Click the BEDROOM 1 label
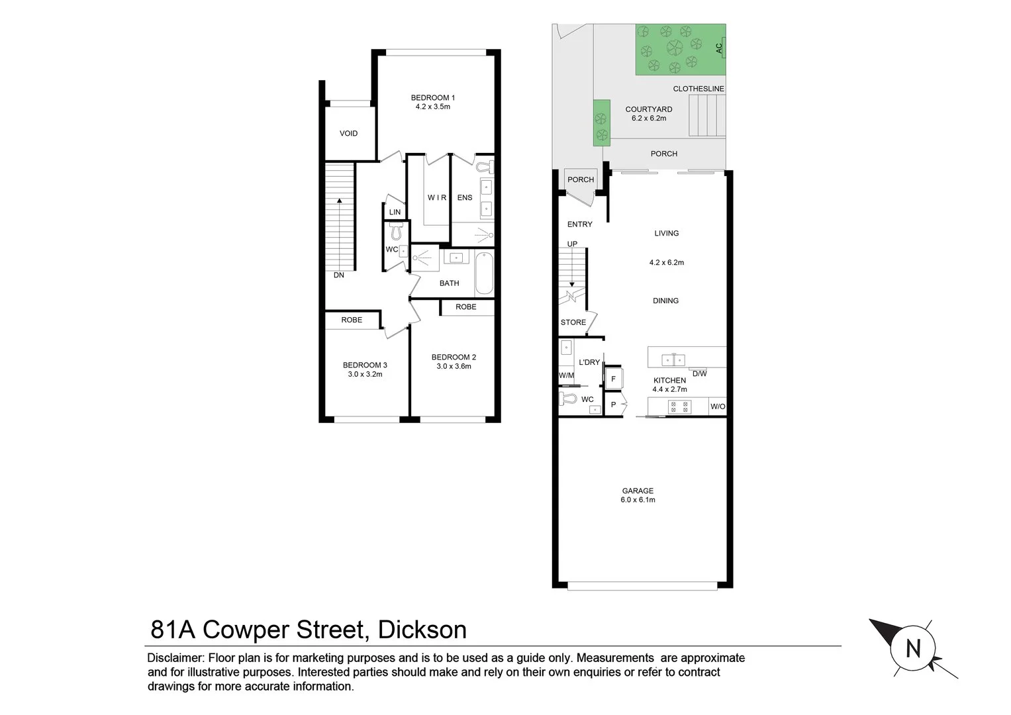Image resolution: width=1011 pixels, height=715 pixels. (x=432, y=98)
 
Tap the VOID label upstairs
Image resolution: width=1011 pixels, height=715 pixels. (x=348, y=134)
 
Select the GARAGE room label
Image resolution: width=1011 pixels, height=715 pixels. (x=638, y=491)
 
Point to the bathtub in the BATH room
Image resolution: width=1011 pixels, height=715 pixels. (x=484, y=273)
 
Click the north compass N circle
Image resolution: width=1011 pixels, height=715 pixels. (x=913, y=648)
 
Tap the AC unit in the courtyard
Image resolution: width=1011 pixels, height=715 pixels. (x=720, y=48)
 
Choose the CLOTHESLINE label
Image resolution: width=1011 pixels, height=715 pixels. (x=698, y=89)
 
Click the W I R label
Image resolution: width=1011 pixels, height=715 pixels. (x=436, y=198)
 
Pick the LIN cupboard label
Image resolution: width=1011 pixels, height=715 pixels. (x=395, y=213)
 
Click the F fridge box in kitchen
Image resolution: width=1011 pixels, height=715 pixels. (x=613, y=379)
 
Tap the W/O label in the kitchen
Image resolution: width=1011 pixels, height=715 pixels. (x=718, y=406)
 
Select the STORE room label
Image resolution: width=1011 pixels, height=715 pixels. (x=573, y=322)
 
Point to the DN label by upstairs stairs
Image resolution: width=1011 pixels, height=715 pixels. (x=338, y=275)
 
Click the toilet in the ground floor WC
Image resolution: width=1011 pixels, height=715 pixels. (x=567, y=399)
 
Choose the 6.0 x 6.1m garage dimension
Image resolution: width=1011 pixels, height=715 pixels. (x=638, y=501)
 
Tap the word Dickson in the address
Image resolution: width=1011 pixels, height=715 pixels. (x=422, y=630)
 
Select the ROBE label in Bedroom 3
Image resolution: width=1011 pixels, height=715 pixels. (x=352, y=320)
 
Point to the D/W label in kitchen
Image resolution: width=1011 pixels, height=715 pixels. (x=699, y=373)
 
